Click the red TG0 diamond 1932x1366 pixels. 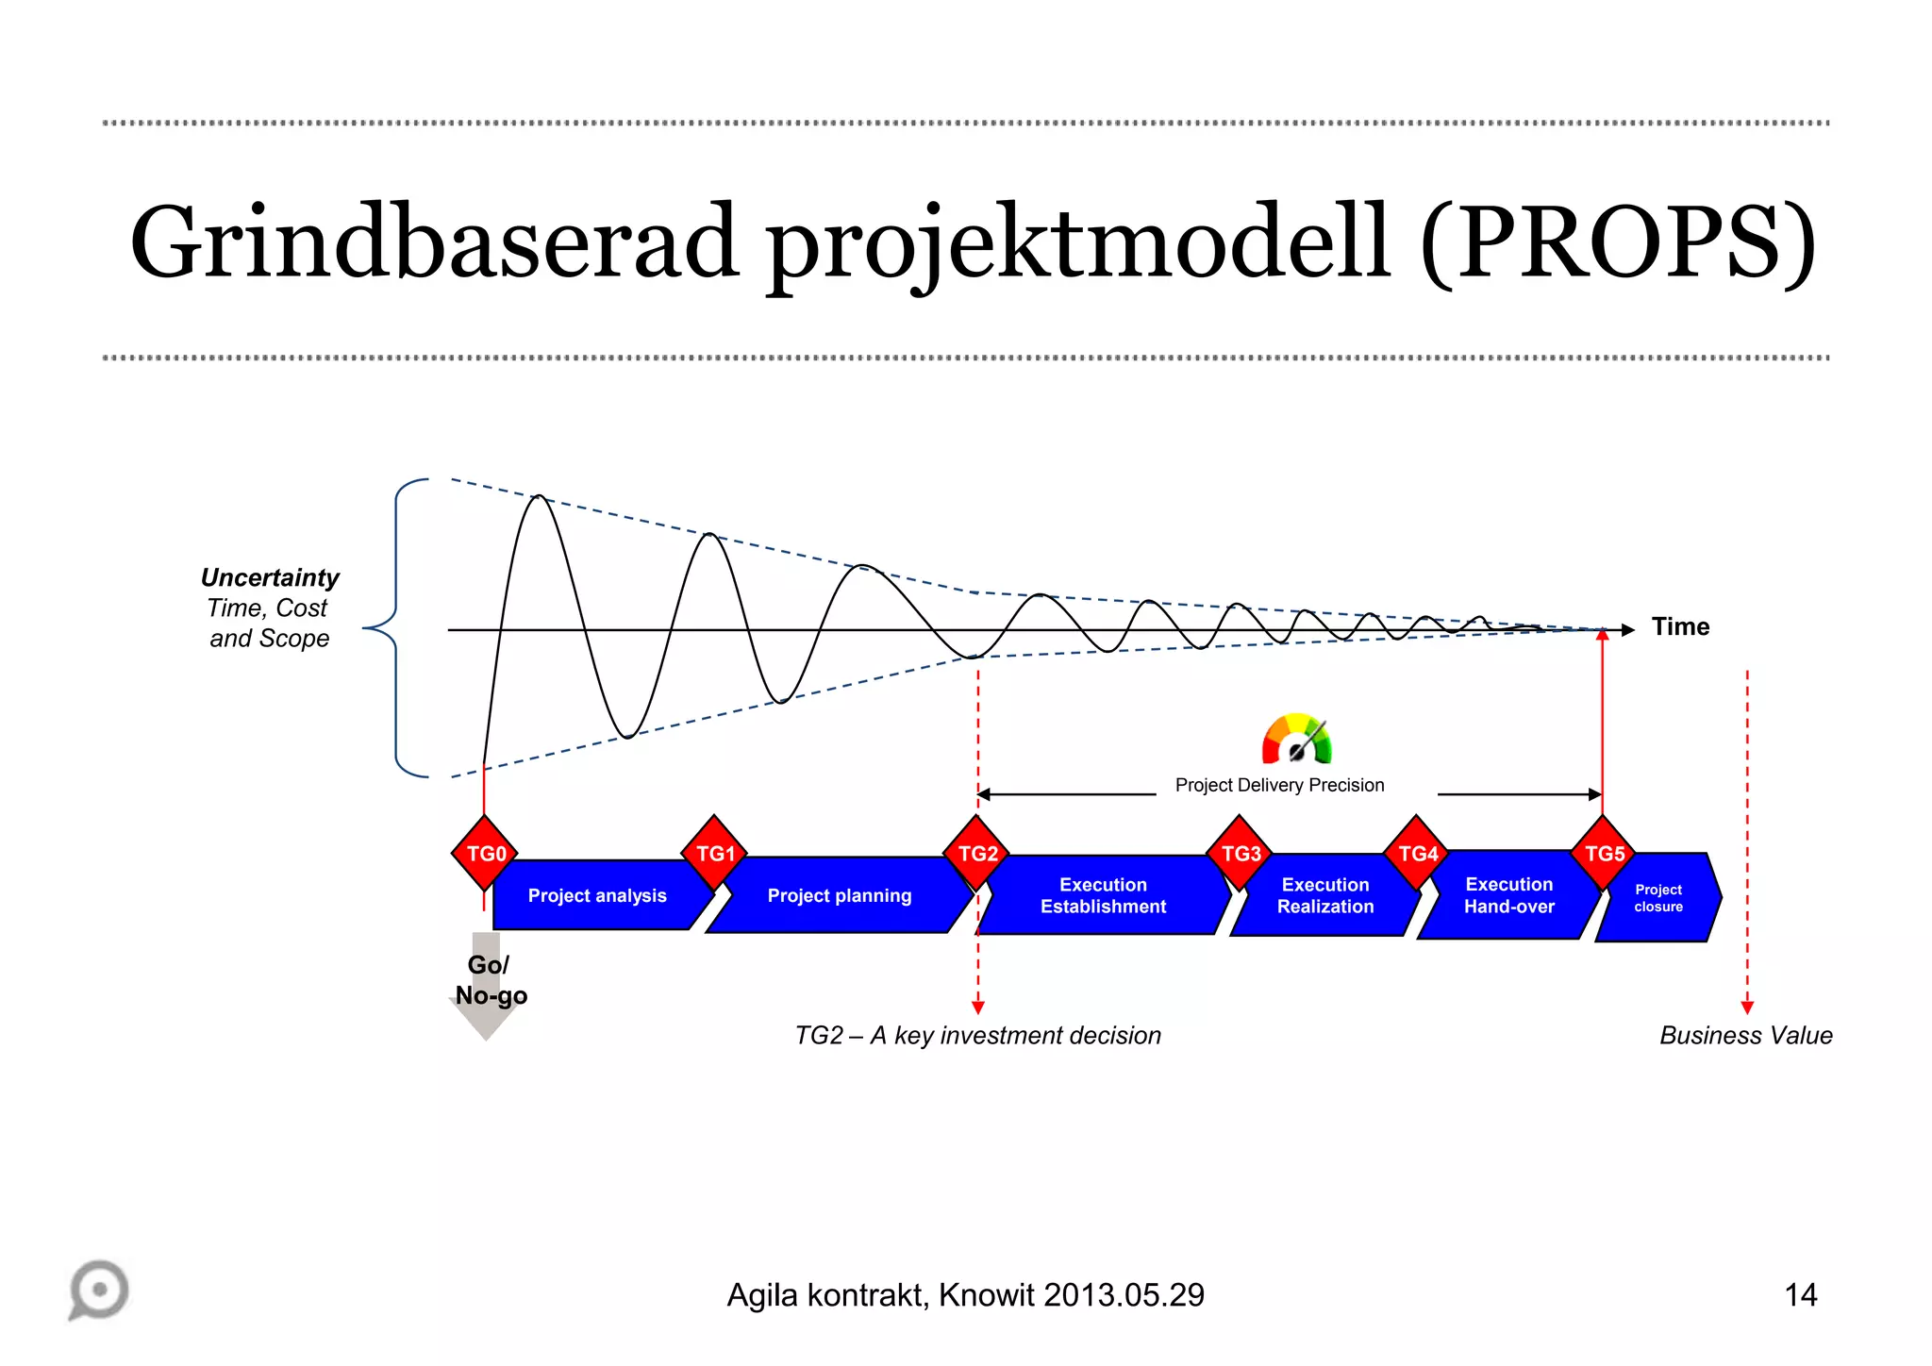pyautogui.click(x=486, y=854)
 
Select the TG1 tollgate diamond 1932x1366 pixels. pyautogui.click(x=715, y=854)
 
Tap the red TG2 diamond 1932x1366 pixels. pyautogui.click(x=977, y=854)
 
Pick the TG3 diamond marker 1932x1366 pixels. pyautogui.click(x=1241, y=854)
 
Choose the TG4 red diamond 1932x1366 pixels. pyautogui.click(x=1417, y=854)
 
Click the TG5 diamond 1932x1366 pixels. pyautogui.click(x=1604, y=854)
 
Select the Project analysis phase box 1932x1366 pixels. pyautogui.click(x=597, y=896)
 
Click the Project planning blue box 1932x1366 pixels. pyautogui.click(x=839, y=896)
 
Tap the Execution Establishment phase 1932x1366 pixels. pyautogui.click(x=1103, y=896)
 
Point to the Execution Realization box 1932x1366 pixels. pyautogui.click(x=1324, y=896)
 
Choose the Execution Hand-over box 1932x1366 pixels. pyautogui.click(x=1508, y=896)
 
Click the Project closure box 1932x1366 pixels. pyautogui.click(x=1658, y=898)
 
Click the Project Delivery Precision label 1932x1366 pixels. pyautogui.click(x=1279, y=786)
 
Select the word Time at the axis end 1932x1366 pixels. pyautogui.click(x=1680, y=627)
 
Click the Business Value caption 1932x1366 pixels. pyautogui.click(x=1745, y=1036)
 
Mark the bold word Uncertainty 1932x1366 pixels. pyautogui.click(x=270, y=577)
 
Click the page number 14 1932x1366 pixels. pyautogui.click(x=1800, y=1295)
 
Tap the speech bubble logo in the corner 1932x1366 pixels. pyautogui.click(x=99, y=1290)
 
